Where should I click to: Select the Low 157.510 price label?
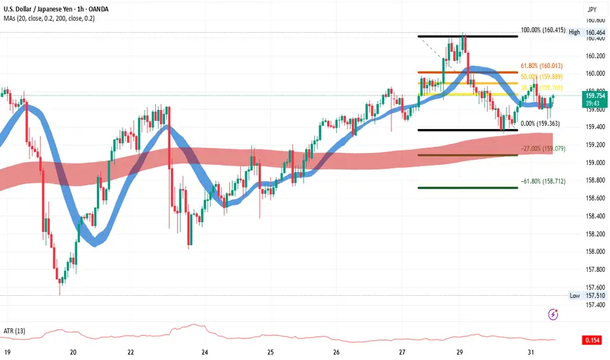coord(590,295)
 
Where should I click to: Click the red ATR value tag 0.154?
coord(592,340)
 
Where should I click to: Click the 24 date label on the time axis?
coord(205,351)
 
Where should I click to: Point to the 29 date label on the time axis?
coord(460,351)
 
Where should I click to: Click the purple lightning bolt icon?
coord(554,314)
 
